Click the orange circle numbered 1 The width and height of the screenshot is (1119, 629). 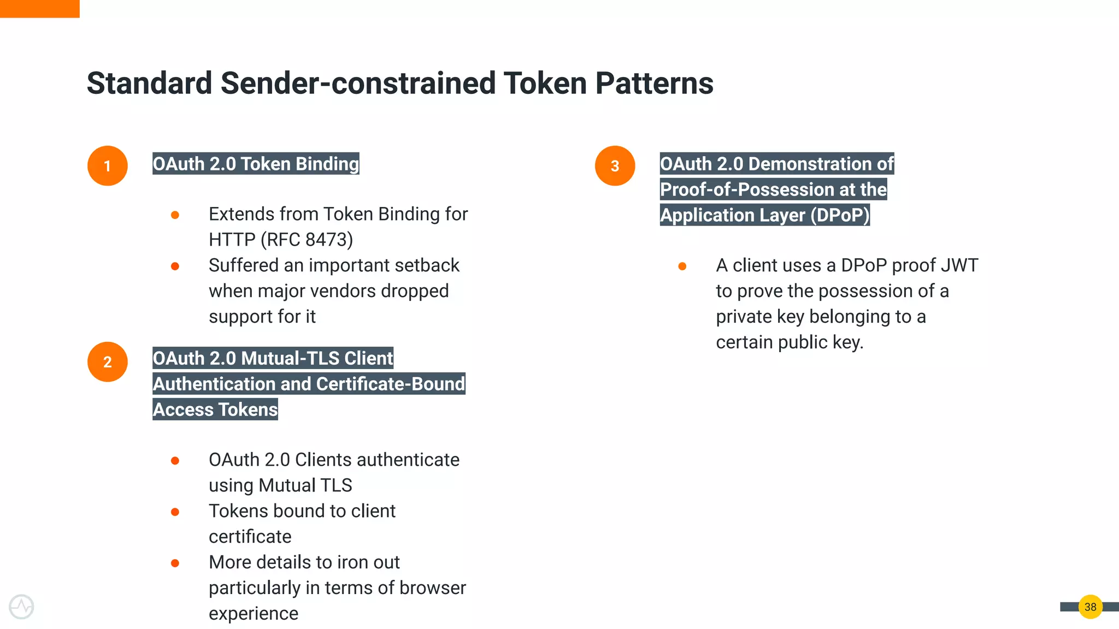coord(108,165)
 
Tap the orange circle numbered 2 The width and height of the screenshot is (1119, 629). coord(108,361)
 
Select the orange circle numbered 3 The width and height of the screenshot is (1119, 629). coord(615,165)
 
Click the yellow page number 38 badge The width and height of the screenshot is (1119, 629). coord(1090,607)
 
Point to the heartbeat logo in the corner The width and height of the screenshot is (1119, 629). coord(21,607)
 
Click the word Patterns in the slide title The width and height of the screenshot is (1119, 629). coord(654,83)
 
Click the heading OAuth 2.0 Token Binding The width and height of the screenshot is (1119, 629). coord(256,164)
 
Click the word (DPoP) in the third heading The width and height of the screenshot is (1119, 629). coord(840,215)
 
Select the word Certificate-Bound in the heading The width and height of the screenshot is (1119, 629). coord(390,384)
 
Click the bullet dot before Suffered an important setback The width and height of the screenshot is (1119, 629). coord(175,266)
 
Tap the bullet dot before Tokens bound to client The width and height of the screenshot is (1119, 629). coord(175,512)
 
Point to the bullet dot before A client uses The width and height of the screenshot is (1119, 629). coord(682,266)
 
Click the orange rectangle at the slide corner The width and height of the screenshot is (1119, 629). coord(39,8)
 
